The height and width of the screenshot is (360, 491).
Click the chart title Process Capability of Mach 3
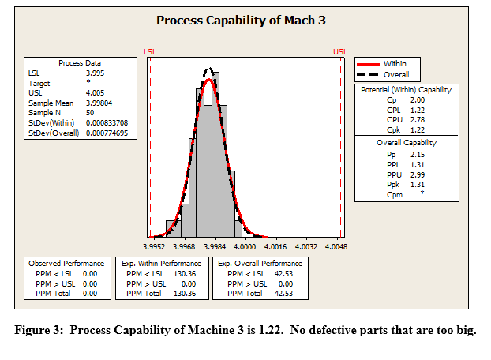point(241,20)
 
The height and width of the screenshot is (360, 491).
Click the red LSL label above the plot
point(150,51)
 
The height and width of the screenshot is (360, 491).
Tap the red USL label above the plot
point(340,51)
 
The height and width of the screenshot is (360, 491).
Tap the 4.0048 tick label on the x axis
point(336,246)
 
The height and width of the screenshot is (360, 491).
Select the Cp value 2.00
point(418,101)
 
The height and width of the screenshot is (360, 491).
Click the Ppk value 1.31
point(418,183)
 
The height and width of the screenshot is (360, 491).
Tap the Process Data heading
point(81,62)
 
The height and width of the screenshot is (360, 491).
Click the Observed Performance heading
point(66,262)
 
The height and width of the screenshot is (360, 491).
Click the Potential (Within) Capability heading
point(406,90)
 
